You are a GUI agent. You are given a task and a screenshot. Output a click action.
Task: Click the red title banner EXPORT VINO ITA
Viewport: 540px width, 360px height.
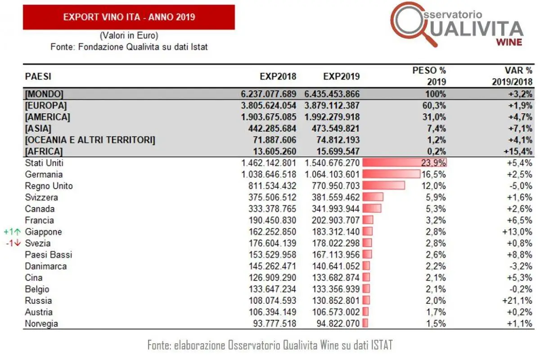click(x=129, y=17)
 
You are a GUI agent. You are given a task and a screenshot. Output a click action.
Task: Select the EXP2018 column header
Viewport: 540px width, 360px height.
click(x=278, y=76)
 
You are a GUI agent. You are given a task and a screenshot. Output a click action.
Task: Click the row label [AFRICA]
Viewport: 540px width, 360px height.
click(x=44, y=151)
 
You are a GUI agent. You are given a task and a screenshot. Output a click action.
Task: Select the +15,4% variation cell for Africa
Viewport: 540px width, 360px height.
click(x=518, y=151)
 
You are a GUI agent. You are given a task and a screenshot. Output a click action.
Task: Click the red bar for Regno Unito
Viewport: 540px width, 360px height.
click(x=383, y=186)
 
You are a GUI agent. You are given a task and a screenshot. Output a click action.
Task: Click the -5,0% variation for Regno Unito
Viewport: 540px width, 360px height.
click(x=521, y=186)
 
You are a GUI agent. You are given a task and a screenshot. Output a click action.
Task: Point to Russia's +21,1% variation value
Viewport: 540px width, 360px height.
click(x=519, y=301)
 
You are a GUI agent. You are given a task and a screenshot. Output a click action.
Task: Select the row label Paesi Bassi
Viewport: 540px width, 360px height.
click(x=49, y=255)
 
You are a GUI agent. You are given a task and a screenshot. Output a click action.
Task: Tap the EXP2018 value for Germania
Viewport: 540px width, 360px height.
click(x=269, y=175)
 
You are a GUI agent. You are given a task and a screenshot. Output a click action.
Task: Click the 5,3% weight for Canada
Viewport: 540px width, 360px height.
click(x=436, y=209)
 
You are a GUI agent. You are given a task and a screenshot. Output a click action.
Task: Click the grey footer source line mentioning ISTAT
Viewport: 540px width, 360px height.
click(x=270, y=345)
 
